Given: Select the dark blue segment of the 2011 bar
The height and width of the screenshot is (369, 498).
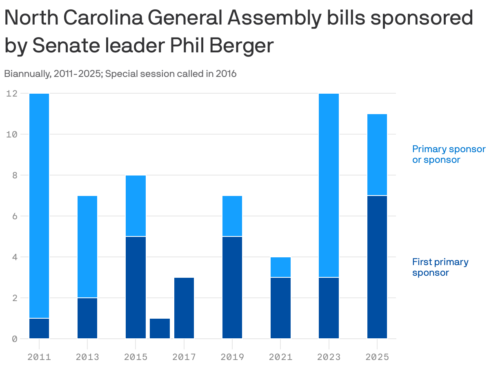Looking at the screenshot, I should pyautogui.click(x=39, y=328).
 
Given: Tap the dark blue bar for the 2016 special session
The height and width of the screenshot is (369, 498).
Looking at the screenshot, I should pyautogui.click(x=160, y=328).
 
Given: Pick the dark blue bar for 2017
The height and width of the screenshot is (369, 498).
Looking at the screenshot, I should pyautogui.click(x=184, y=308).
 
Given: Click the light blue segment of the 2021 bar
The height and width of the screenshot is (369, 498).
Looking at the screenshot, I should pyautogui.click(x=281, y=267).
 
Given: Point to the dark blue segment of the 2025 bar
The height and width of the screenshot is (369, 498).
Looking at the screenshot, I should pyautogui.click(x=377, y=267).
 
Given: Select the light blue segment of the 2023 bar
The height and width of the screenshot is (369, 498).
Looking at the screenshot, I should pyautogui.click(x=329, y=185).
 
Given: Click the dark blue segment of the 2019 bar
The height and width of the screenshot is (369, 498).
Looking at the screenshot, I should pyautogui.click(x=232, y=288).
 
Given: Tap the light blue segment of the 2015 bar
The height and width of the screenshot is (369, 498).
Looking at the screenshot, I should pyautogui.click(x=136, y=206).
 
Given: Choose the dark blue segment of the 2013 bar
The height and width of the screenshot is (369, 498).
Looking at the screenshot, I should pyautogui.click(x=87, y=318).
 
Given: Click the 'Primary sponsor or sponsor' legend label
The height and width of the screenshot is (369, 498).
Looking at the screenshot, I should pyautogui.click(x=449, y=154).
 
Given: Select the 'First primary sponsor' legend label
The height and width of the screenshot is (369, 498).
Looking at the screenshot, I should pyautogui.click(x=440, y=267).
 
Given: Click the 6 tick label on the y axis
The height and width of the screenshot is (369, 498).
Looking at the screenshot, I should pyautogui.click(x=14, y=216).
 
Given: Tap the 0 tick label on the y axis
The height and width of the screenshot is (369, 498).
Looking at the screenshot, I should pyautogui.click(x=14, y=339).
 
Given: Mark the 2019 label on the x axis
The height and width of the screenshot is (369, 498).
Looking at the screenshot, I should pyautogui.click(x=232, y=357).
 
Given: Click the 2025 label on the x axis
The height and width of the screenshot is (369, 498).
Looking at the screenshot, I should pyautogui.click(x=377, y=357).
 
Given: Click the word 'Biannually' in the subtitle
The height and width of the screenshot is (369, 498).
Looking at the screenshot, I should pyautogui.click(x=27, y=74).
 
